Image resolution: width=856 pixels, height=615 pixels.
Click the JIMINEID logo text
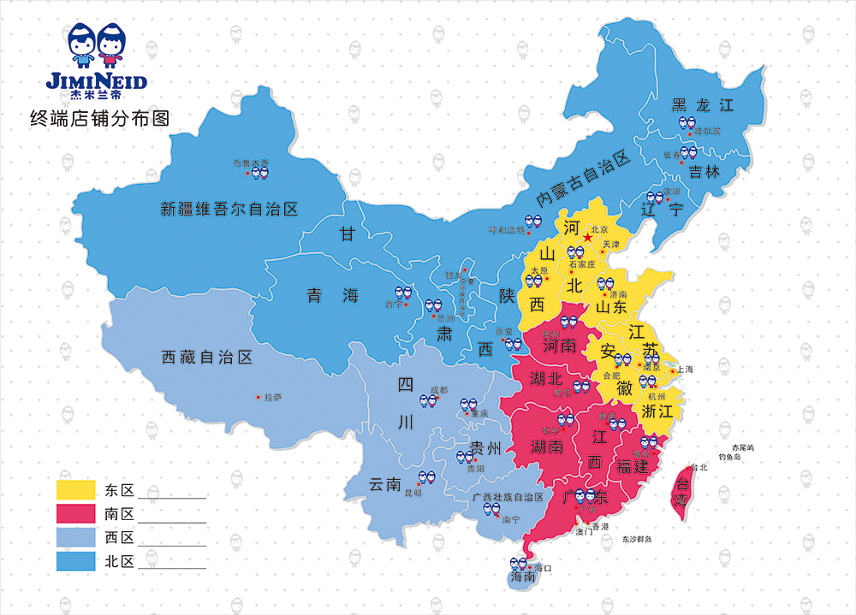click(x=96, y=82)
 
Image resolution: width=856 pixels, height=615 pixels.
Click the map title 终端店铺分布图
click(x=99, y=119)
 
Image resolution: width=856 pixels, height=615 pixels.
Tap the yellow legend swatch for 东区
click(x=75, y=490)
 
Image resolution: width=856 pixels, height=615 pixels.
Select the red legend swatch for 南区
click(x=75, y=514)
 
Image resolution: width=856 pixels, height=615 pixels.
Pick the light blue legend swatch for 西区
click(x=75, y=538)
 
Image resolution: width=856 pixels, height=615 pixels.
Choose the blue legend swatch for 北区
click(x=75, y=562)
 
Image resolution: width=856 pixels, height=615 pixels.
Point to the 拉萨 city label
click(x=272, y=397)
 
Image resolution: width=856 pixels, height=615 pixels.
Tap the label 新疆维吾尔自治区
click(x=229, y=209)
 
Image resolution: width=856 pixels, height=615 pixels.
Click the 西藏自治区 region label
click(x=207, y=358)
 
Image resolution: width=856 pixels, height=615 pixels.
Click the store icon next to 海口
click(x=517, y=565)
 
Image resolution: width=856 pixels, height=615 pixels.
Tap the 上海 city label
click(x=685, y=370)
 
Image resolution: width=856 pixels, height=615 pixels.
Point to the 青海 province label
click(x=333, y=297)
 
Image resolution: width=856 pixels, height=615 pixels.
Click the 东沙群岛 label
click(x=637, y=539)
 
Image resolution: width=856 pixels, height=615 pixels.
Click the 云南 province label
click(x=385, y=485)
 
